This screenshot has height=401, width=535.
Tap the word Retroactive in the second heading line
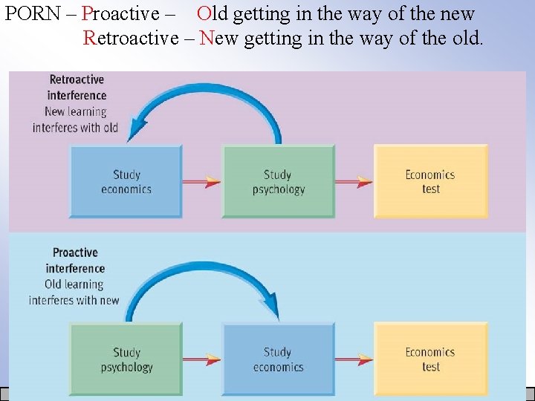pyautogui.click(x=130, y=37)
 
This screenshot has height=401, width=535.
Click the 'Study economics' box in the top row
pyautogui.click(x=126, y=181)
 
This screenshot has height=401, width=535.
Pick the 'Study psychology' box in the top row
pyautogui.click(x=278, y=181)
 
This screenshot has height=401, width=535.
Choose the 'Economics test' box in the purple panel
pyautogui.click(x=430, y=181)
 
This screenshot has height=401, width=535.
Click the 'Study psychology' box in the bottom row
pyautogui.click(x=126, y=359)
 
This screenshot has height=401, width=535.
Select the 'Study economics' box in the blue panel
pyautogui.click(x=278, y=359)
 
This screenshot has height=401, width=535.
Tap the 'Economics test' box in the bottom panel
pyautogui.click(x=430, y=359)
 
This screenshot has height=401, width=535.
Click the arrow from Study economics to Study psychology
pyautogui.click(x=201, y=181)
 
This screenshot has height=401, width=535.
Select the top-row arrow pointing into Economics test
pyautogui.click(x=354, y=181)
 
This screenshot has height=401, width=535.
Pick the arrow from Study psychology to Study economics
pyautogui.click(x=201, y=360)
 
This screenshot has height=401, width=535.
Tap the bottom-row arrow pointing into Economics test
pyautogui.click(x=354, y=360)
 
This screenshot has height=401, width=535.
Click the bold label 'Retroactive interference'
pyautogui.click(x=77, y=88)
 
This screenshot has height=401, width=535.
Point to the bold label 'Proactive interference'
pyautogui.click(x=75, y=261)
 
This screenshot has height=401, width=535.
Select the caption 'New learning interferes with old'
pyautogui.click(x=75, y=120)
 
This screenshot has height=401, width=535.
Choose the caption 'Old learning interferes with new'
pyautogui.click(x=74, y=293)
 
